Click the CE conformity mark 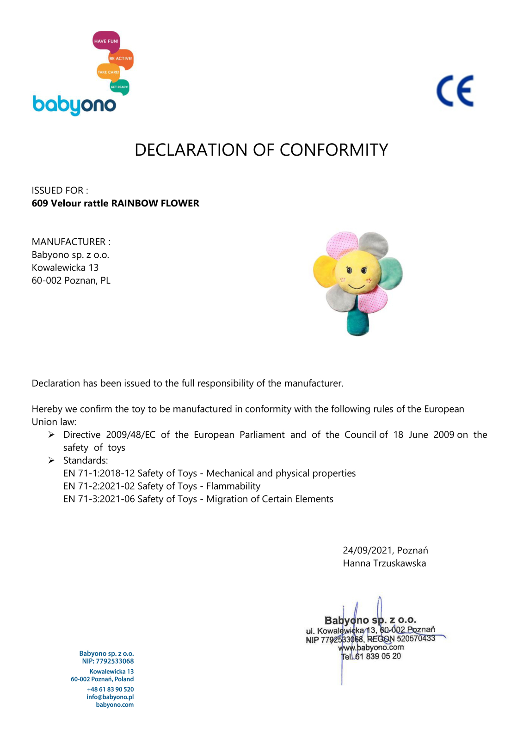point(455,91)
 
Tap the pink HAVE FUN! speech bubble point(106,41)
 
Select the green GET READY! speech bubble point(119,87)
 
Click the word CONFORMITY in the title point(333,150)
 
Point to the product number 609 point(40,203)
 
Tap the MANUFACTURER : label point(71,242)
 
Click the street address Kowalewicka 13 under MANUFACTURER point(65,267)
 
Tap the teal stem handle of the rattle point(358,321)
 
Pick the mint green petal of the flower point(390,273)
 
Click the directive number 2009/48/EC point(130,435)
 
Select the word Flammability point(233,486)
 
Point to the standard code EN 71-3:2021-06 point(98,499)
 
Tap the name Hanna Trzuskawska point(384,563)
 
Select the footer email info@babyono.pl point(110,697)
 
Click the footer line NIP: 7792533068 point(108,661)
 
